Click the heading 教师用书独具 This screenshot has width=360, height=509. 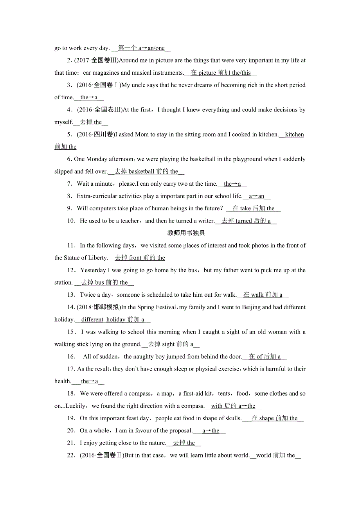click(x=186, y=233)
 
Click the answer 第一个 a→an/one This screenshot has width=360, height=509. click(x=141, y=48)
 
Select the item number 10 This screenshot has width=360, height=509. click(x=71, y=221)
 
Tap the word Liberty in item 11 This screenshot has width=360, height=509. click(x=97, y=258)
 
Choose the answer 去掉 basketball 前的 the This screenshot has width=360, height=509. click(x=146, y=172)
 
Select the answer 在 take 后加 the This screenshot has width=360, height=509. click(x=254, y=209)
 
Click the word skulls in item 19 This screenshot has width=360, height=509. click(x=232, y=418)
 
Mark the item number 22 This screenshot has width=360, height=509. click(x=71, y=455)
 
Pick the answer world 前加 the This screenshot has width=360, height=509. click(x=275, y=455)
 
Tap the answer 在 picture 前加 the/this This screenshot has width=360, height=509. click(x=221, y=73)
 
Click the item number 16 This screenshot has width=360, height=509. click(x=71, y=357)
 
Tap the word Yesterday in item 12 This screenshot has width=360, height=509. click(x=93, y=270)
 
